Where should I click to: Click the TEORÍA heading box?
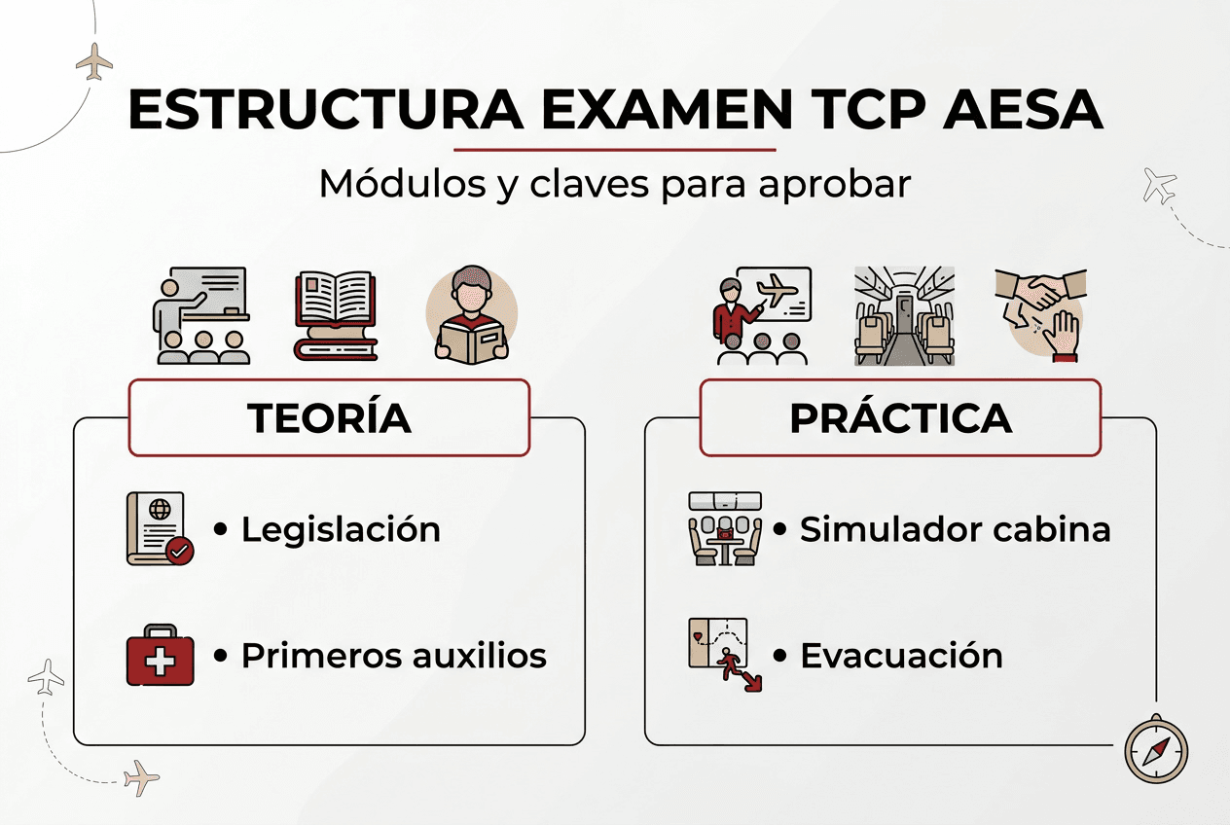(329, 418)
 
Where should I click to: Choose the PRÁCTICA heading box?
(900, 418)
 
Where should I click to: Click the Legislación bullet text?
(341, 530)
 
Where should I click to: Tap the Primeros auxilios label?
(393, 656)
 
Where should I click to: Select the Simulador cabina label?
(955, 530)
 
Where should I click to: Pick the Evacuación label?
(901, 656)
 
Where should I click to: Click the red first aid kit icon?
(161, 656)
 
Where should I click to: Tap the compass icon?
(1156, 750)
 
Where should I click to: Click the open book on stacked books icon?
(336, 315)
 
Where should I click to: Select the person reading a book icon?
(472, 315)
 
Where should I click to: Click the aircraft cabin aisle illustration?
(903, 315)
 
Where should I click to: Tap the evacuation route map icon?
(723, 654)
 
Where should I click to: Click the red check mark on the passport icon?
(180, 552)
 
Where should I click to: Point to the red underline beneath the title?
(615, 150)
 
